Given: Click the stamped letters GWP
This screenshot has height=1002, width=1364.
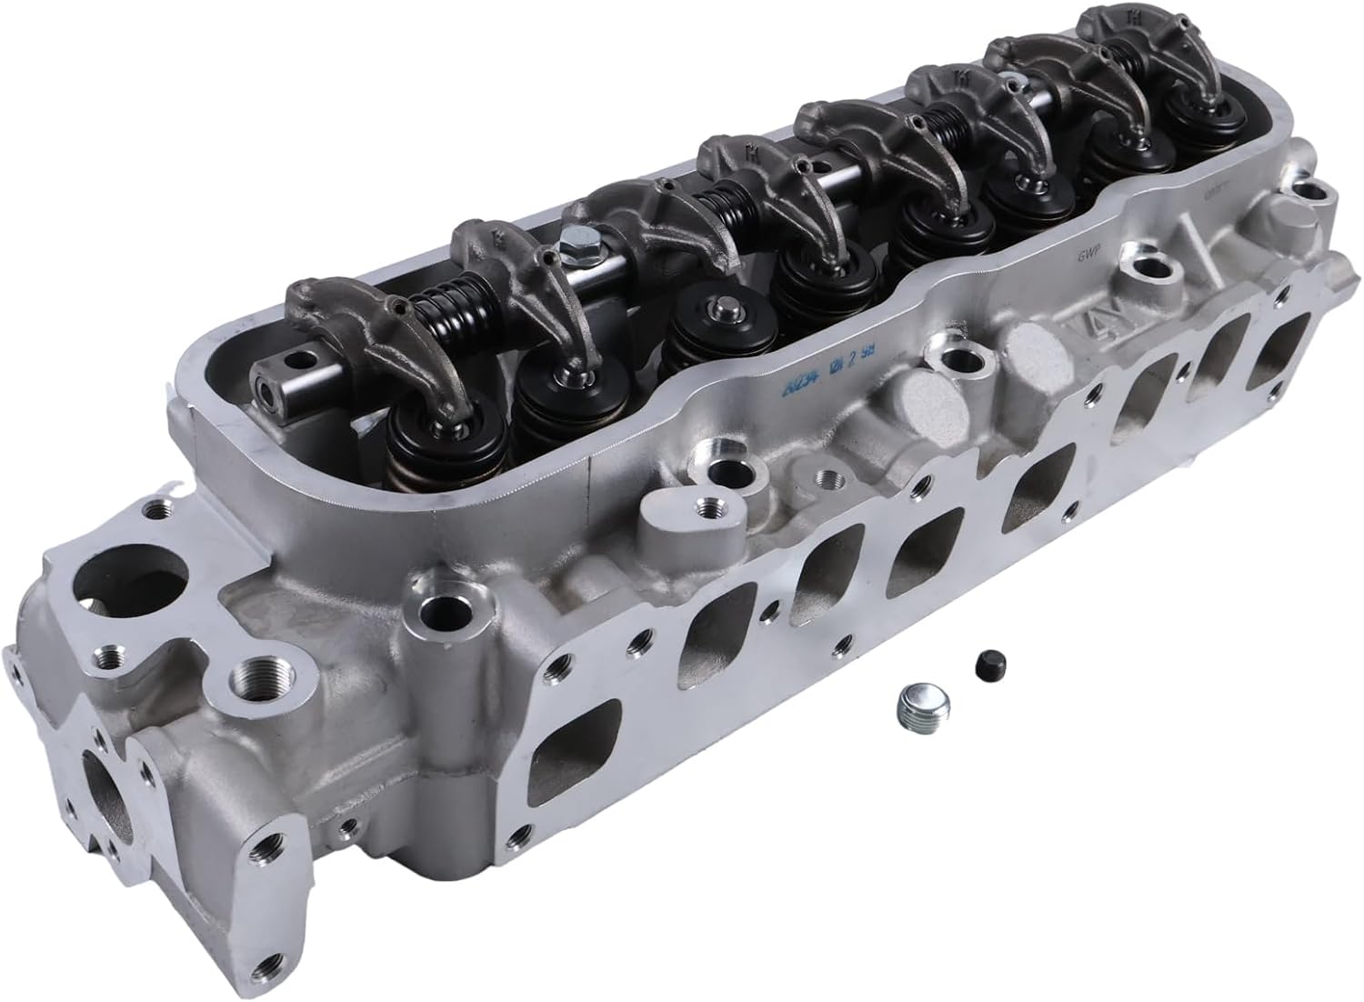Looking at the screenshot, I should [1081, 257].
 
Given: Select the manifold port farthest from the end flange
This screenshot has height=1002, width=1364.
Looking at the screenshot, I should [1282, 342].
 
